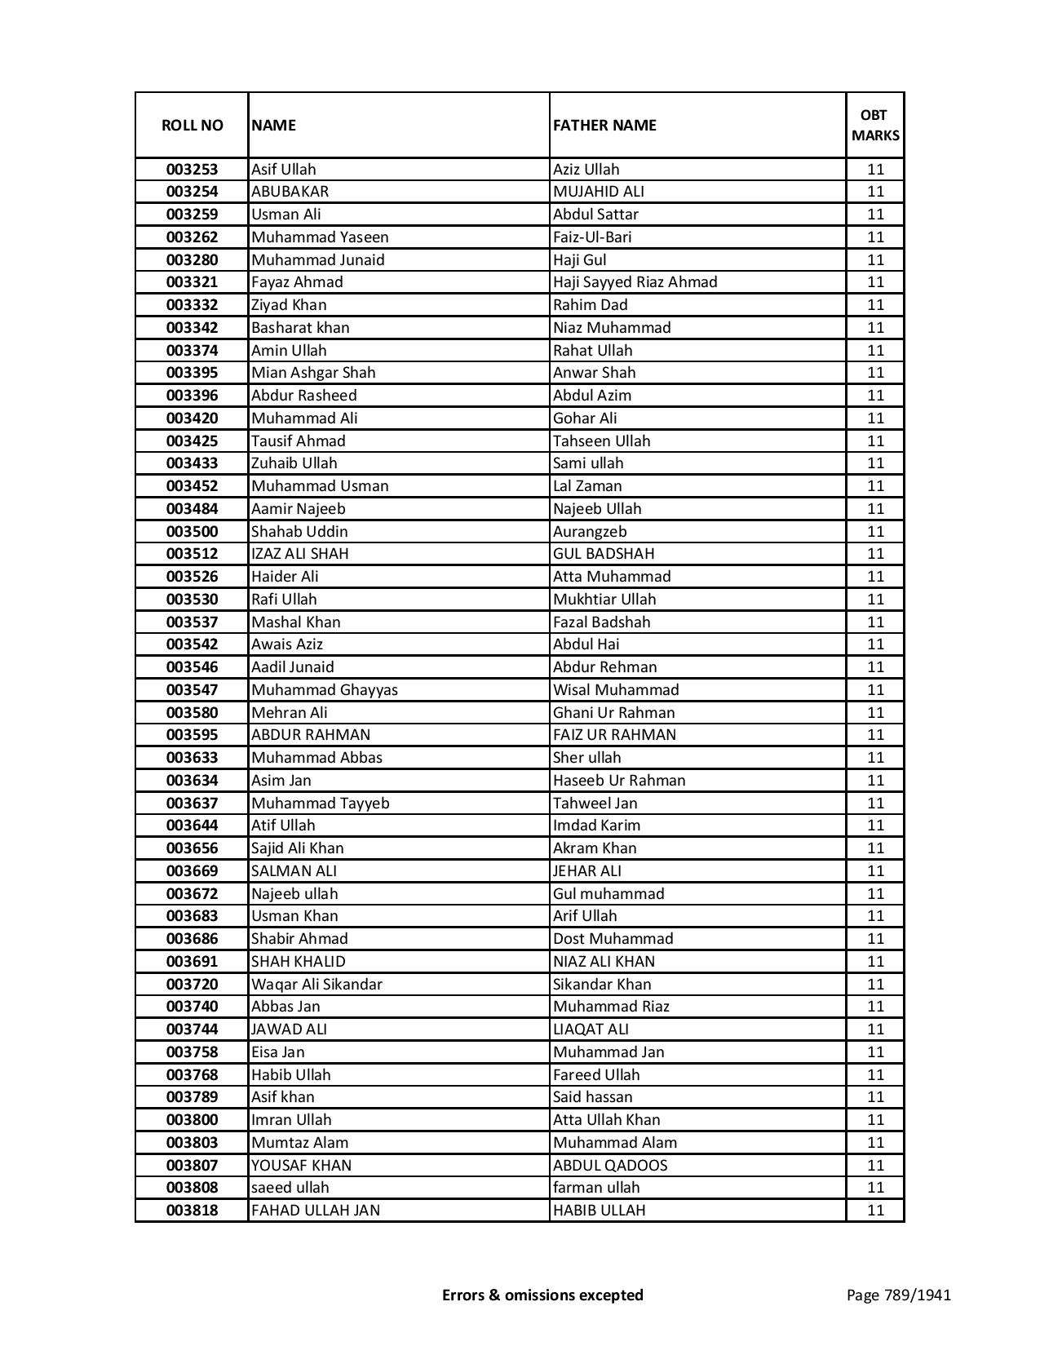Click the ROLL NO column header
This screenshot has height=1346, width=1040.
192,125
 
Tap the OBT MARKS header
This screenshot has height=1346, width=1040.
875,125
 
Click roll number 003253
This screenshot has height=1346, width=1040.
192,170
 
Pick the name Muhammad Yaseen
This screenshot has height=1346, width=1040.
320,237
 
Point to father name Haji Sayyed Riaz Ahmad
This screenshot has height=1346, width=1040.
635,282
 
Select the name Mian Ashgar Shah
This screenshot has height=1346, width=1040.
313,373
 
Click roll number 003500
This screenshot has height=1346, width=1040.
192,532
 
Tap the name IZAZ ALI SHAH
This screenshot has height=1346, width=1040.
299,554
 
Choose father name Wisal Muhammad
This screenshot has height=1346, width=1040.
616,690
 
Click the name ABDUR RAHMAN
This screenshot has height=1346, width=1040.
310,735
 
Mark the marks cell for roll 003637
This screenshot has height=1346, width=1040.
875,804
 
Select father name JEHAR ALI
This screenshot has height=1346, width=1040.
586,871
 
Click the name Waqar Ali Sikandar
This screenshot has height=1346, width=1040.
316,985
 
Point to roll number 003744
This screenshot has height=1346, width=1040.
192,1029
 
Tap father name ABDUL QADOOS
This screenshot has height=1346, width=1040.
609,1166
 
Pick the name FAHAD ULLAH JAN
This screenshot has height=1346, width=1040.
315,1211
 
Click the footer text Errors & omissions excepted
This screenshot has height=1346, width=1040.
542,1295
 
